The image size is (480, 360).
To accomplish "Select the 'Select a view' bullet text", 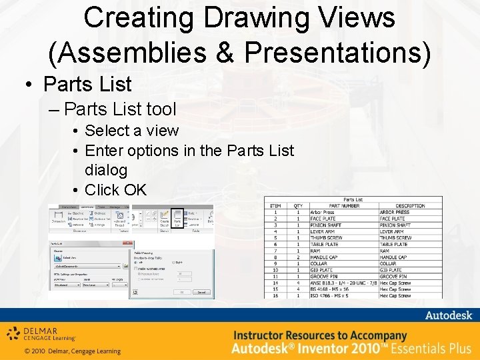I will point(131,131).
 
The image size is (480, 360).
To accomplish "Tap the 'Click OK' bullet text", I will point(115,190).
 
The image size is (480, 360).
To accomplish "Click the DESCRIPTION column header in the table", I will point(410,206).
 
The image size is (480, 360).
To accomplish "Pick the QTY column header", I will point(299,206).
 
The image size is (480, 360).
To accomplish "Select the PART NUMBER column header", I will point(344,206).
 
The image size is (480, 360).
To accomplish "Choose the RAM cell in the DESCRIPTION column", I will point(385,251).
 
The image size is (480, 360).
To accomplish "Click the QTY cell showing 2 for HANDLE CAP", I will point(299,257).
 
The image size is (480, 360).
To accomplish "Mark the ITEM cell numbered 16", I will point(275,295).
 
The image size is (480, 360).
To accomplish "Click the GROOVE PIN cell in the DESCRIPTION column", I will point(393,276).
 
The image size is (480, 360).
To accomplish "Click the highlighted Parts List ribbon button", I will point(177,219).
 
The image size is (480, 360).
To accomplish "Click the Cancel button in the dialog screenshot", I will point(201,292).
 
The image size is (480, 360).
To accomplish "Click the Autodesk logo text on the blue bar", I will point(448,315).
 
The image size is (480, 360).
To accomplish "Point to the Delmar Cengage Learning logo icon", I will point(13,334).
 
